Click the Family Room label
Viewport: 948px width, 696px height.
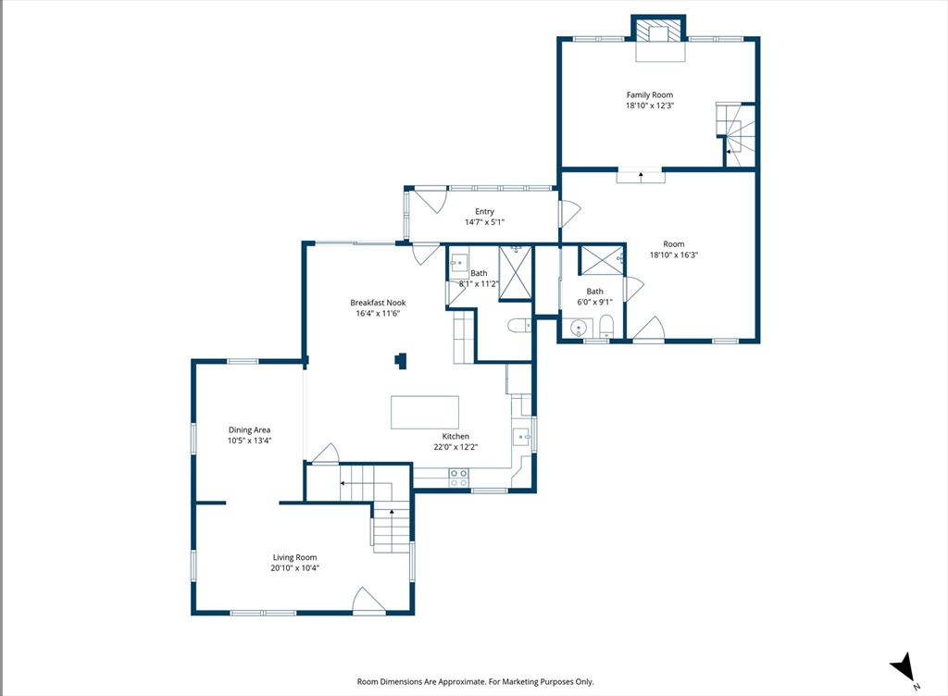pos(649,94)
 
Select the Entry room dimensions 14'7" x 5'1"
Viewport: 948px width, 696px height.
pos(484,222)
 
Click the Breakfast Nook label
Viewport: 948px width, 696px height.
pos(378,303)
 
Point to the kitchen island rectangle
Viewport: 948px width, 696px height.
pos(425,412)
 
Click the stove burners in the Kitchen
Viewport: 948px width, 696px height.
pos(459,478)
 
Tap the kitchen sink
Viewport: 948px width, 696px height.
pos(521,436)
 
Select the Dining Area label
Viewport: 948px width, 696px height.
pos(249,430)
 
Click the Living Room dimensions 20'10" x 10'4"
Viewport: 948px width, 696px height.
pos(294,568)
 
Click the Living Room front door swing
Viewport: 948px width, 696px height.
pos(368,600)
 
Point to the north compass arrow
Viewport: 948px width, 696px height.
pos(902,667)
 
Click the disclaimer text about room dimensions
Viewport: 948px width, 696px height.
pos(475,681)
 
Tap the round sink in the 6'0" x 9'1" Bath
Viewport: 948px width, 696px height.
pos(579,328)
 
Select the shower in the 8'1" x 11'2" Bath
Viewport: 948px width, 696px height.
pos(515,272)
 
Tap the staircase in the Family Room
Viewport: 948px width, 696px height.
pos(736,135)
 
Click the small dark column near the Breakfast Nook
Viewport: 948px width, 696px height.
pos(401,361)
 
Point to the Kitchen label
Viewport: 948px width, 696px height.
pos(455,436)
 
